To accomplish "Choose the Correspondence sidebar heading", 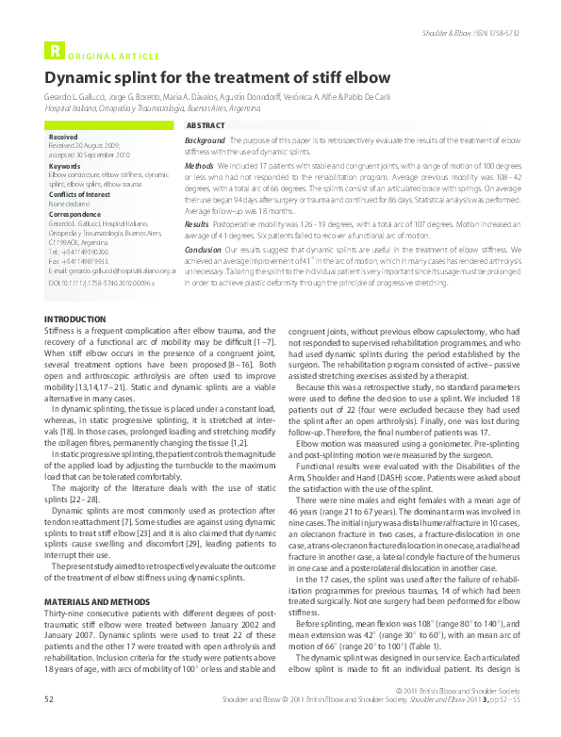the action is [x=74, y=214].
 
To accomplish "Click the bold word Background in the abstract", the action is [x=206, y=139].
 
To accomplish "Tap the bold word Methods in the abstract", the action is [x=200, y=164].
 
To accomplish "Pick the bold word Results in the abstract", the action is [x=197, y=225].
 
